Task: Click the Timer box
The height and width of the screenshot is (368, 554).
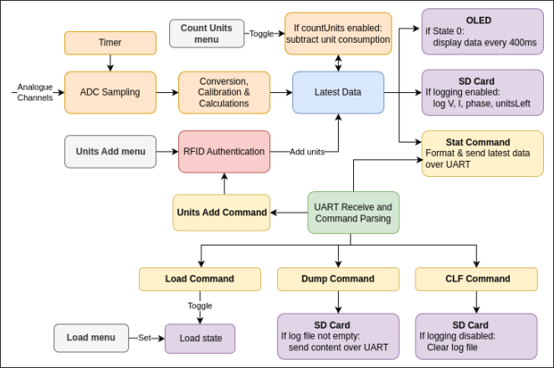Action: (110, 43)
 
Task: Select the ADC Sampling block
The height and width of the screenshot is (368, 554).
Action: (110, 92)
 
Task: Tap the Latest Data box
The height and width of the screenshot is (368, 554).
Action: (338, 92)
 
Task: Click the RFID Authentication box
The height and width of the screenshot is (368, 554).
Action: (224, 152)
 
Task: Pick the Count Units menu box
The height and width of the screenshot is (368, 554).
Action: (207, 34)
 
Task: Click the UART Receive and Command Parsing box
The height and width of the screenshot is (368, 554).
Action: (352, 212)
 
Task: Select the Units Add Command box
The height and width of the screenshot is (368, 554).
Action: (222, 212)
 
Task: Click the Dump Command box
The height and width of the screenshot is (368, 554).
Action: (338, 278)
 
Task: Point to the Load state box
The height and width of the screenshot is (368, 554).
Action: (200, 339)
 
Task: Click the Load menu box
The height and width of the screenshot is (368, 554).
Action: (91, 339)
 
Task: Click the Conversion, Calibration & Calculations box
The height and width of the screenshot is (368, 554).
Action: (223, 92)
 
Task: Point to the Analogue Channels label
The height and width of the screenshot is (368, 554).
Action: (34, 92)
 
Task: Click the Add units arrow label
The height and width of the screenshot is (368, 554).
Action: (307, 152)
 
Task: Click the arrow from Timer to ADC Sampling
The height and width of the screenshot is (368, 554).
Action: (110, 63)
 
